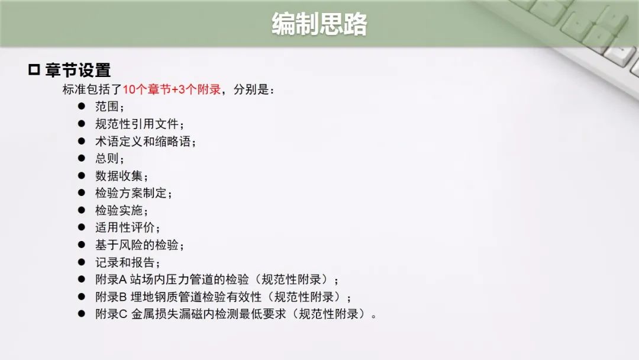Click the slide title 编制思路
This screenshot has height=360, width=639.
[x=319, y=24]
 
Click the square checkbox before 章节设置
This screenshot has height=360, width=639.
[x=34, y=70]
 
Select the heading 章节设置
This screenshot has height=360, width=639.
[x=78, y=70]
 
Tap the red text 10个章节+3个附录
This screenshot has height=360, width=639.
[x=172, y=89]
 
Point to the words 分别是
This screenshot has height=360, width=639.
[x=251, y=89]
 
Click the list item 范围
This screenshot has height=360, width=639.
[x=106, y=107]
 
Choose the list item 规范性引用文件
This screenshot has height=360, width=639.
[x=137, y=124]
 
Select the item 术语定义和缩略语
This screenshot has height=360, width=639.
[x=143, y=141]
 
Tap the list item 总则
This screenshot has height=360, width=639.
[x=106, y=158]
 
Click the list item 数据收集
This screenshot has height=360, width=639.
[x=118, y=176]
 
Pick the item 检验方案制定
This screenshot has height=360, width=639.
[x=131, y=193]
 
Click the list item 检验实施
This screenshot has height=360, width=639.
[x=118, y=210]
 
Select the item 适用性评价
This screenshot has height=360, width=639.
[x=125, y=227]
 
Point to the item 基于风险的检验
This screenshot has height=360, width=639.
[x=137, y=245]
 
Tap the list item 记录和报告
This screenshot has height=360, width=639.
[x=125, y=262]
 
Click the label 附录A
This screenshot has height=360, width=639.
[x=111, y=279]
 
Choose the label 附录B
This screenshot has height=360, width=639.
[x=111, y=297]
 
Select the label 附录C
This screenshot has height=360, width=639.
[x=111, y=314]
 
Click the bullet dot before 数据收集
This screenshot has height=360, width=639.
[x=82, y=175]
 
